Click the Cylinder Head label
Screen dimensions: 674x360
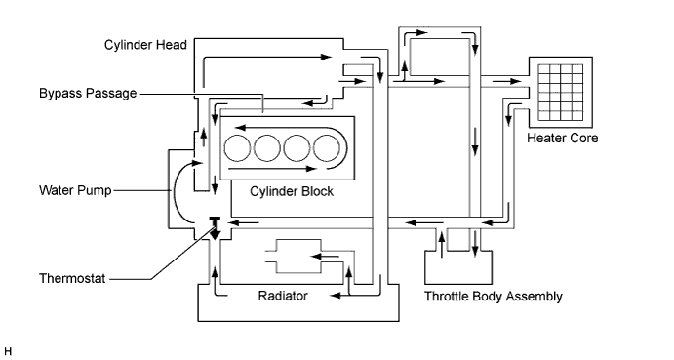tap(145, 45)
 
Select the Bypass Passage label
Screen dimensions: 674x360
tap(88, 94)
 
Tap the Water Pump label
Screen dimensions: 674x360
tap(75, 190)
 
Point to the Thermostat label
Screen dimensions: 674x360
tap(72, 279)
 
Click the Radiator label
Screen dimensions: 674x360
tap(283, 296)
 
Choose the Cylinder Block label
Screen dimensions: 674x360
tap(292, 191)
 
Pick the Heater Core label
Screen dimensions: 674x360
tap(562, 139)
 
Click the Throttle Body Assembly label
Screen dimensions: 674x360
tap(494, 297)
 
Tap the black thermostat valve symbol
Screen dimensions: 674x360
tap(215, 228)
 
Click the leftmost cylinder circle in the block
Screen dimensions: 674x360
tap(237, 148)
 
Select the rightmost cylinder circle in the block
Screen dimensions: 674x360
tap(327, 148)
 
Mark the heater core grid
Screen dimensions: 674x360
tap(561, 93)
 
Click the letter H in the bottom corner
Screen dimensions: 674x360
tap(8, 352)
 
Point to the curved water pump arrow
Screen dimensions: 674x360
tap(176, 191)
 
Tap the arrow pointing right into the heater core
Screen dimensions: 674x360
tap(507, 81)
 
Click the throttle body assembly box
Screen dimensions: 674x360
tap(458, 266)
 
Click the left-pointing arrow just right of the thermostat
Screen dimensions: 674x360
tap(243, 222)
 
